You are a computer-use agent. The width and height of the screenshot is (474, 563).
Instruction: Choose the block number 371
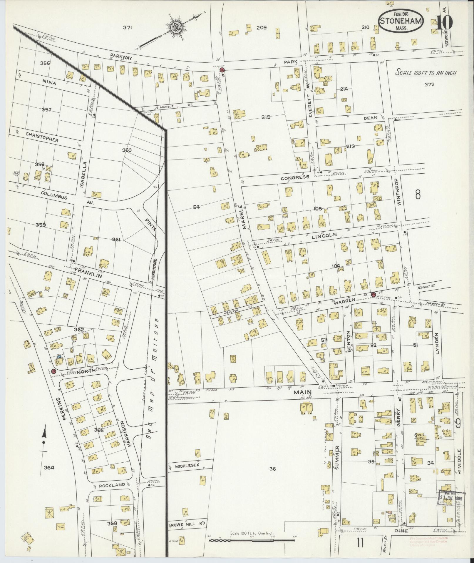pos(127,28)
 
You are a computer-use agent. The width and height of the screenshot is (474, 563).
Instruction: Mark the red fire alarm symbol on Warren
pos(373,294)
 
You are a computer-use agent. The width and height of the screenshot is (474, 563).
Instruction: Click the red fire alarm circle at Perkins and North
pos(53,371)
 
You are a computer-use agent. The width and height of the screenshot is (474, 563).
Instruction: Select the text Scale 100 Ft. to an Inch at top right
pos(426,72)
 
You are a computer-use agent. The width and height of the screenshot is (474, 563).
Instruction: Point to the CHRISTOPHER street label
pos(42,137)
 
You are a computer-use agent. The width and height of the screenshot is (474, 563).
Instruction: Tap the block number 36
pos(272,477)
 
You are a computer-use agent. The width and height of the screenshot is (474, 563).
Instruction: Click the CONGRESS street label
pos(295,177)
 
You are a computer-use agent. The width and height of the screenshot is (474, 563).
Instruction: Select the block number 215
pos(266,117)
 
